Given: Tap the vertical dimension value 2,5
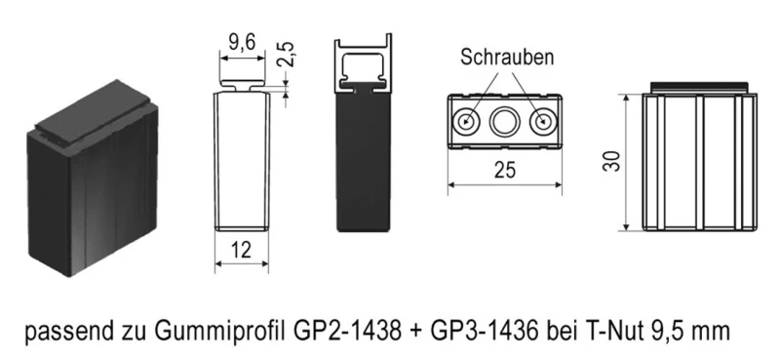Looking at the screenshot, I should (x=286, y=55).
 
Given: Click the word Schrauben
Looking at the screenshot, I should (x=507, y=58).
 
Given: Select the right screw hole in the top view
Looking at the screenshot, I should (x=541, y=123).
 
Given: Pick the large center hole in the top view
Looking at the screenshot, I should (x=504, y=123).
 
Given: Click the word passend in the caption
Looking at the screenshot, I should (x=62, y=330).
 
